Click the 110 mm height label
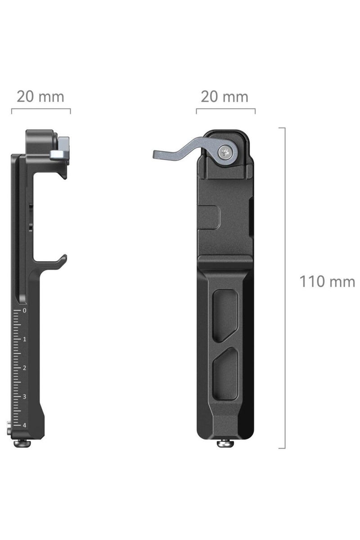point(327,282)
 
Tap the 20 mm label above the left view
point(40,96)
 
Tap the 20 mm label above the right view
point(225,96)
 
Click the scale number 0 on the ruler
point(24,310)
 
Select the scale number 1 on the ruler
point(24,339)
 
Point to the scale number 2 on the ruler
point(24,368)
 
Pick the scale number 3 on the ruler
point(24,397)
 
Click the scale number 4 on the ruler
point(24,425)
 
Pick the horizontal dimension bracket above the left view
point(41,110)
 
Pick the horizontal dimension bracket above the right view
point(225,110)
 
